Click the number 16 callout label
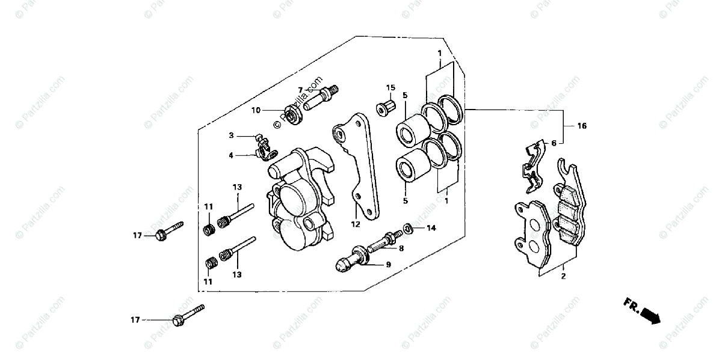pos(581,126)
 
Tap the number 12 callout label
pos(356,225)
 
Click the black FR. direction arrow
pos(650,315)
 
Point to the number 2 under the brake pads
pos(563,277)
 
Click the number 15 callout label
pos(390,87)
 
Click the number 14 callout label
pos(431,228)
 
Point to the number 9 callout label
pos(388,264)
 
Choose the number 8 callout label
pos(401,247)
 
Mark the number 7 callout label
pos(300,90)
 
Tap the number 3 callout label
pos(231,135)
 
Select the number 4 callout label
pos(231,155)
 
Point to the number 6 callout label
pos(554,143)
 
